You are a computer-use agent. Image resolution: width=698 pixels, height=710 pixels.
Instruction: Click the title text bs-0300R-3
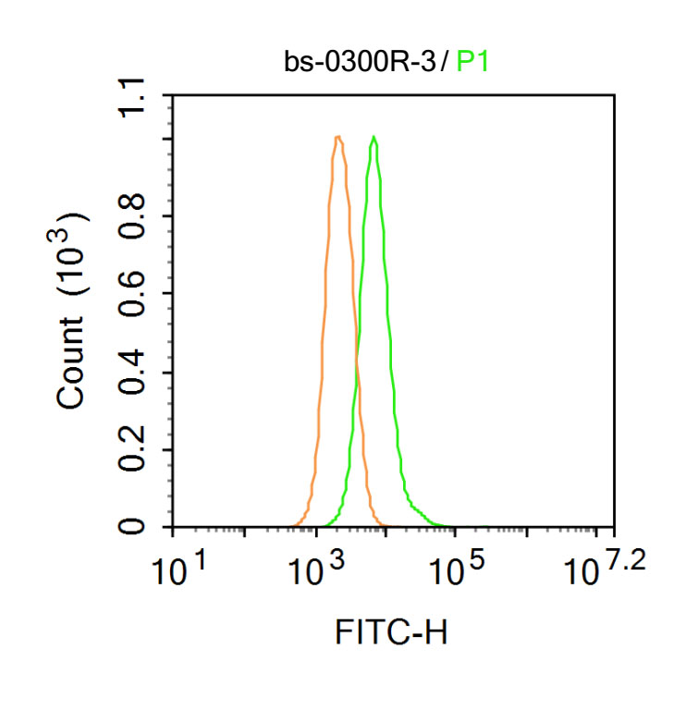[361, 63]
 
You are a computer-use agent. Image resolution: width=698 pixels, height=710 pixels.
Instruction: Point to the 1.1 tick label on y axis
[138, 95]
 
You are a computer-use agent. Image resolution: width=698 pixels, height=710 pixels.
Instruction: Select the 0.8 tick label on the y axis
[138, 217]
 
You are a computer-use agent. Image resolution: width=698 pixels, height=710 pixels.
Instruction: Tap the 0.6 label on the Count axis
[138, 295]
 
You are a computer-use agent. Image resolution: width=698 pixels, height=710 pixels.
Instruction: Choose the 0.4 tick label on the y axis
[138, 373]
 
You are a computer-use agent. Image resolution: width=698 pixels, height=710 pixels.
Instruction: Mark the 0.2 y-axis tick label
[138, 450]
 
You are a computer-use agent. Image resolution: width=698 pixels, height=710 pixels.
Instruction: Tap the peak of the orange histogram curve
[338, 138]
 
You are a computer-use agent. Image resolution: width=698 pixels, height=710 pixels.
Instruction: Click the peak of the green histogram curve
[373, 138]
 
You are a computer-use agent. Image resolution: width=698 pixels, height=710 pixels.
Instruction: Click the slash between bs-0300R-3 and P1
[446, 63]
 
